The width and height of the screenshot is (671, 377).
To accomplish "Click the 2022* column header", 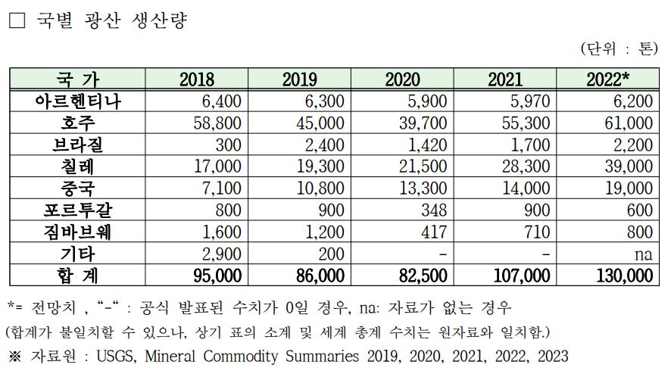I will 607,79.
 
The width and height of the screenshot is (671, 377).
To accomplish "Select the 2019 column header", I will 299,79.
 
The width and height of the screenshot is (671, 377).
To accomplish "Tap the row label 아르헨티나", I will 78,101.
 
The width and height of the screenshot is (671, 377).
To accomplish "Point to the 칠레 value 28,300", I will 529,167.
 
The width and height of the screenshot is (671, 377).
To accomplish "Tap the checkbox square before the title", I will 16,20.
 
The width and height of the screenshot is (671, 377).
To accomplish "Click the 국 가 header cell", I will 78,79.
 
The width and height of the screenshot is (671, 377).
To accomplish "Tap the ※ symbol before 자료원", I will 15,356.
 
